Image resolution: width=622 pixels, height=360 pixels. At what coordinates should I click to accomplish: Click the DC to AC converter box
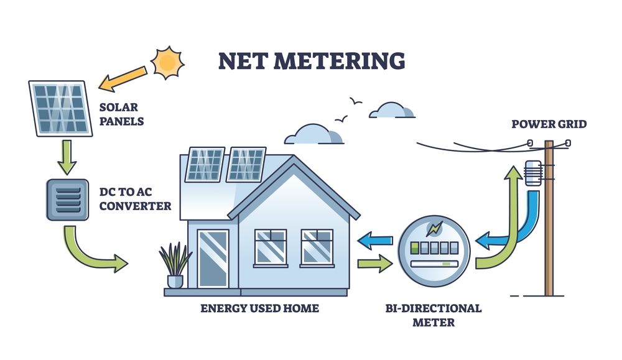click(67, 199)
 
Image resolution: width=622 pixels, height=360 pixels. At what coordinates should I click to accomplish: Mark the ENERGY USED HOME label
click(259, 308)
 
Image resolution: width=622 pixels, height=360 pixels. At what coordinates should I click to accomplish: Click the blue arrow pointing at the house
click(377, 238)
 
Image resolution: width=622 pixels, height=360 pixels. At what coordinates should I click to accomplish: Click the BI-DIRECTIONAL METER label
click(434, 315)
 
